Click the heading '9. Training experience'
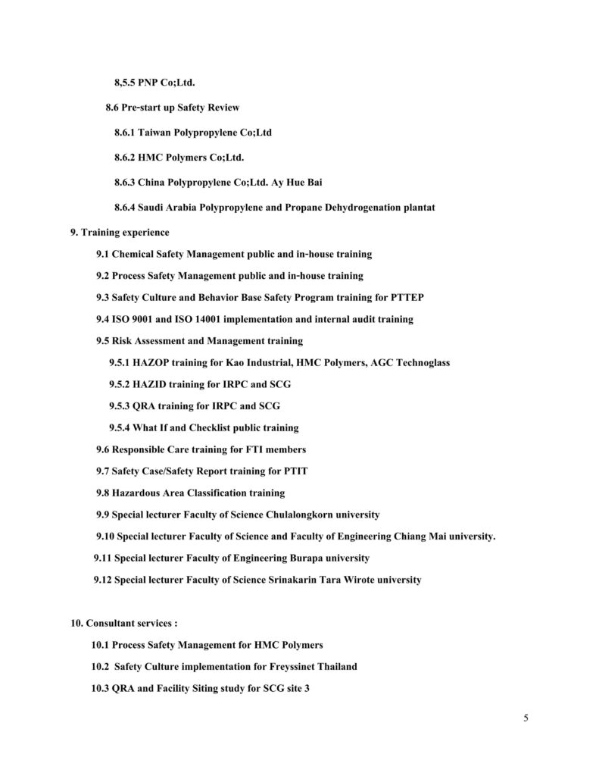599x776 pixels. pyautogui.click(x=120, y=232)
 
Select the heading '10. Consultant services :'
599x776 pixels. pyautogui.click(x=124, y=623)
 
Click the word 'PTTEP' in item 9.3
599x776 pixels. pyautogui.click(x=416, y=297)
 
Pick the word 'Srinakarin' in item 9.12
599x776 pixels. pyautogui.click(x=292, y=580)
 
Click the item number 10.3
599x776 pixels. pyautogui.click(x=101, y=689)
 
